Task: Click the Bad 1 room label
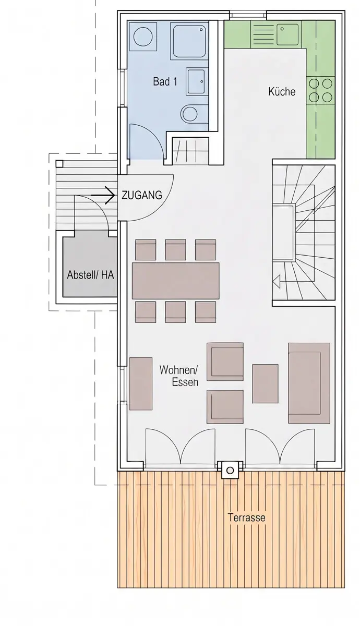(165, 81)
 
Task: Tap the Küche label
(282, 91)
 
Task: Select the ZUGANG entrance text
(142, 195)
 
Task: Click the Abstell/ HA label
(91, 275)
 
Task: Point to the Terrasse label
(246, 517)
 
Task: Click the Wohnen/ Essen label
(179, 376)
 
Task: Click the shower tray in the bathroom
(190, 42)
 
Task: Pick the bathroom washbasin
(197, 81)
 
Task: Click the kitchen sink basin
(287, 34)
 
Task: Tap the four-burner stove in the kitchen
(320, 90)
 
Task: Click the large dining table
(175, 281)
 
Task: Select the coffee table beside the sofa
(265, 384)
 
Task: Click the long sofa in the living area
(309, 383)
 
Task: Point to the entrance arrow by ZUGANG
(103, 195)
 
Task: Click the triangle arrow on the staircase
(277, 281)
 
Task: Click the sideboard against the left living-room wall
(141, 383)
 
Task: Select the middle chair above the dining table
(175, 249)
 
